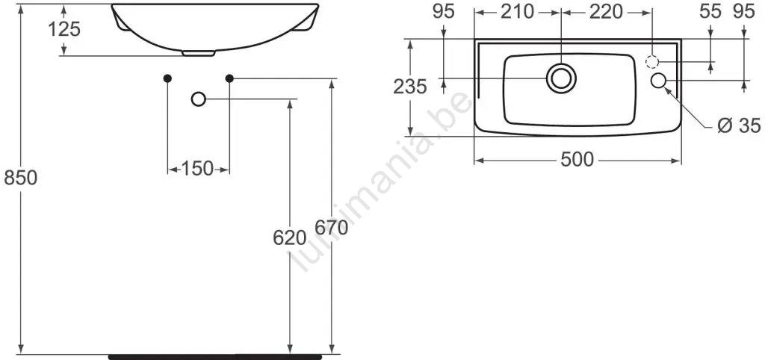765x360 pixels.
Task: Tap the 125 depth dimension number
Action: (x=64, y=30)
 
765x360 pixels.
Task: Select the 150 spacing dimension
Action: (x=197, y=169)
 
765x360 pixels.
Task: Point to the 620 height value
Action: (x=290, y=238)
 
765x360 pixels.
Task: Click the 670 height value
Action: (x=331, y=227)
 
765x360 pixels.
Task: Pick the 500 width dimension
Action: (x=577, y=160)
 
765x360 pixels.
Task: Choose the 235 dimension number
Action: (x=410, y=87)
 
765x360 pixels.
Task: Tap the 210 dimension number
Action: (x=518, y=12)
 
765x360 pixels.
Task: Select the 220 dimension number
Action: (x=606, y=12)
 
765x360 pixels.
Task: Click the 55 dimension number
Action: (x=710, y=12)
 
